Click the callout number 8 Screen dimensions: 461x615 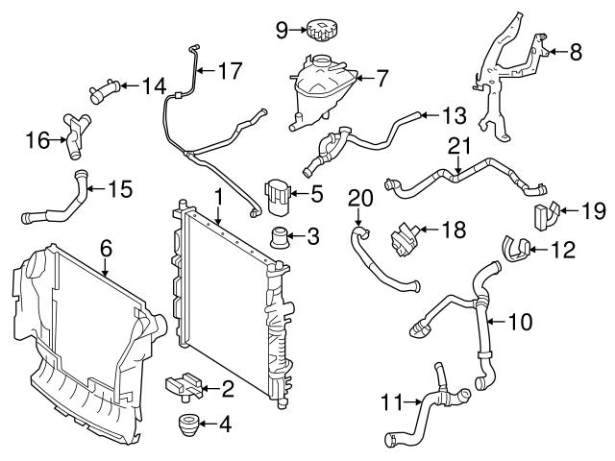(576, 54)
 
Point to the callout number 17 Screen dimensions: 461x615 (230, 70)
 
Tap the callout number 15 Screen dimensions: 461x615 (119, 188)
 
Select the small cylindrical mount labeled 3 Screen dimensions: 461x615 (282, 236)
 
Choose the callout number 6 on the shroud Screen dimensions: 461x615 (107, 248)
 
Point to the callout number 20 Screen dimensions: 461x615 (358, 198)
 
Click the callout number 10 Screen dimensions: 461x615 (519, 322)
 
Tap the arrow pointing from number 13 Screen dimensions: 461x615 (430, 116)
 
